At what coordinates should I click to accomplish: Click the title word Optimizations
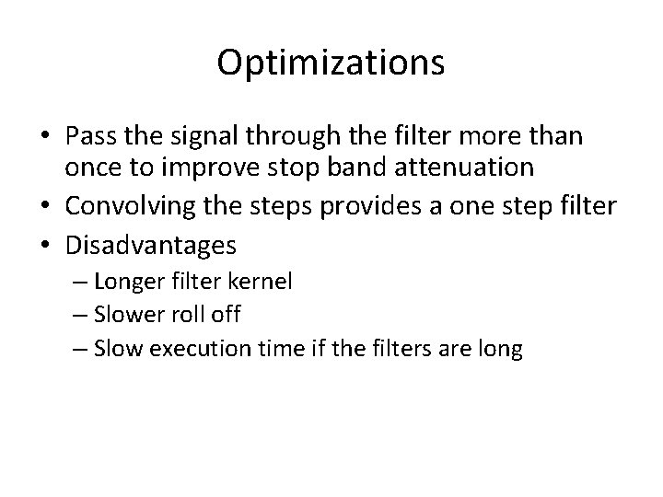click(331, 63)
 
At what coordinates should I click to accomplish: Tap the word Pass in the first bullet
click(89, 137)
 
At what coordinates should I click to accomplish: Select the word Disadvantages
click(151, 245)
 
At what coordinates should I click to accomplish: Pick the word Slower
click(128, 314)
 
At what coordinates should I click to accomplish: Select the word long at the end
click(502, 349)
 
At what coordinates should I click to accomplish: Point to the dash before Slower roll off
click(80, 315)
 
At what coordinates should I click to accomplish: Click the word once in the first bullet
click(90, 167)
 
